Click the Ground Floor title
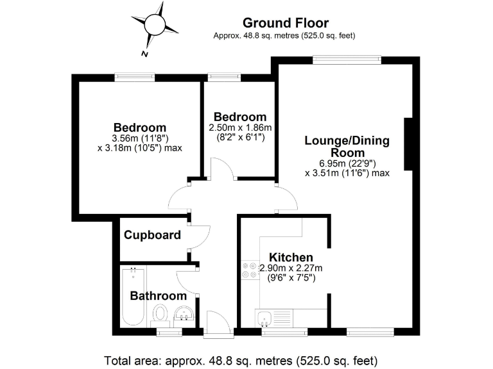click(285, 24)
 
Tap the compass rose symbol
click(155, 25)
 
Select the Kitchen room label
click(291, 257)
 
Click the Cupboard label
click(152, 235)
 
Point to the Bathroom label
click(158, 296)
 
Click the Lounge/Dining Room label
click(347, 147)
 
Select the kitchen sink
click(266, 317)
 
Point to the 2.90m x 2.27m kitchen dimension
click(291, 268)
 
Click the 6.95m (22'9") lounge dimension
click(347, 163)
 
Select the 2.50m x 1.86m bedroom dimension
click(240, 128)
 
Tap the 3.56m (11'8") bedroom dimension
click(139, 138)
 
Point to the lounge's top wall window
click(335, 60)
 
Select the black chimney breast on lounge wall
click(407, 144)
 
